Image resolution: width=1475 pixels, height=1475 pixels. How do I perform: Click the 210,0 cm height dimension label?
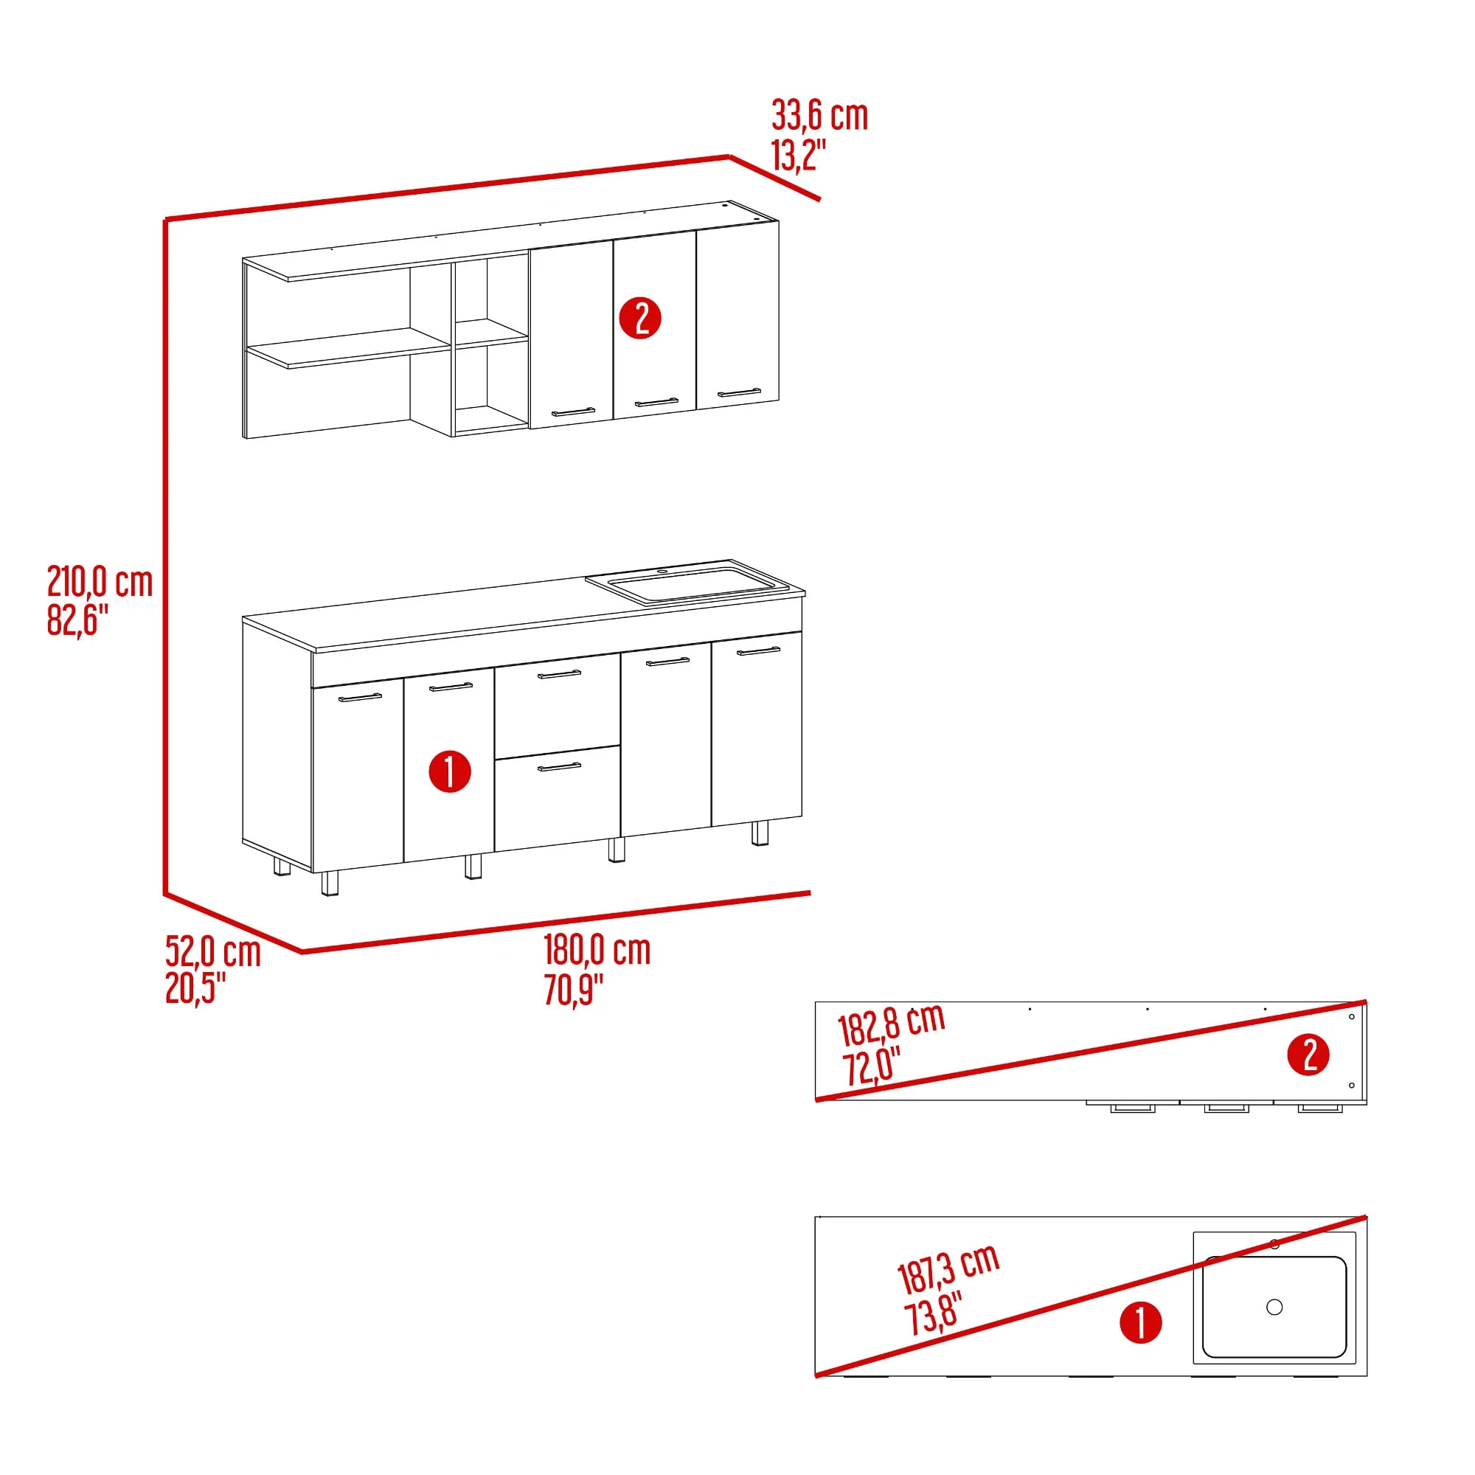tap(100, 583)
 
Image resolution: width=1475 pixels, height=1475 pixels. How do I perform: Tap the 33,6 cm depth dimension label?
tap(820, 115)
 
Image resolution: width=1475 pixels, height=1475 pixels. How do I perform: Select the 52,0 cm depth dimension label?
tap(213, 952)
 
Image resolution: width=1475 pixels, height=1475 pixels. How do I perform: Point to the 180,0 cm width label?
tap(597, 951)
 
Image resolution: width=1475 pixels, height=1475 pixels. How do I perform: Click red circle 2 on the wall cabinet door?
tap(639, 319)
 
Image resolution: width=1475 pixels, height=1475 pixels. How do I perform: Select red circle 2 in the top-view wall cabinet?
tap(1308, 1055)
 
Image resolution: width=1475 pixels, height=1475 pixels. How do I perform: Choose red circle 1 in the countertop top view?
tap(1141, 1322)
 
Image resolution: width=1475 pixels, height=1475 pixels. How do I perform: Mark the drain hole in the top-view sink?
tap(1274, 1307)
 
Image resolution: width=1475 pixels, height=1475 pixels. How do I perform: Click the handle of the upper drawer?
tap(560, 673)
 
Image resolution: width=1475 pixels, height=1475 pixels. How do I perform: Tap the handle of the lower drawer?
tap(560, 766)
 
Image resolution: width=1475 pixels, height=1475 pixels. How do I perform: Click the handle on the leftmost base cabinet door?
tap(360, 697)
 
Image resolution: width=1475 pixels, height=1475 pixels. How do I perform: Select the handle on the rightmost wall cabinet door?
tap(739, 393)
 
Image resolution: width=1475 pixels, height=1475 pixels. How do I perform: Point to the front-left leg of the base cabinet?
tap(329, 883)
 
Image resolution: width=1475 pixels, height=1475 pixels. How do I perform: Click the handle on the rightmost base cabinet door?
tap(759, 651)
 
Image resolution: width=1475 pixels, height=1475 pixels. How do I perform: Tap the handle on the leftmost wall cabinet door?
tap(573, 412)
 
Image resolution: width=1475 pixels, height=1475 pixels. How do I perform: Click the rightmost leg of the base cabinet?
tap(760, 833)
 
